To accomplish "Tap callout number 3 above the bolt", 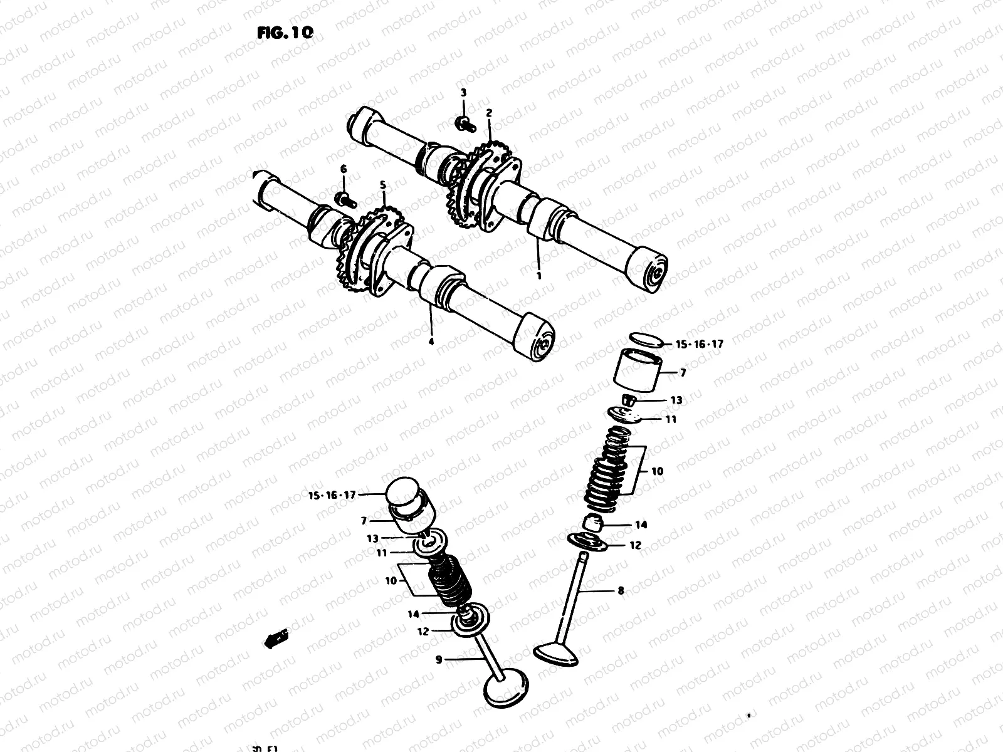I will point(463,93).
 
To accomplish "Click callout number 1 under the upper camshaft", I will point(538,274).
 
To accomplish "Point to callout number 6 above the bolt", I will point(343,169).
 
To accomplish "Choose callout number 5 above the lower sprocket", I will point(383,185).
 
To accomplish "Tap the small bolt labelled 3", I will point(464,123).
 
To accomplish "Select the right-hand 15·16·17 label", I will point(699,344).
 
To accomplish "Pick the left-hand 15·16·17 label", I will point(332,495).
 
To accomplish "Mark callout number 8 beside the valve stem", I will point(621,590).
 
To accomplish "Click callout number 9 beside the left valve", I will point(439,659).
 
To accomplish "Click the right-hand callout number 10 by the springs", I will point(657,471).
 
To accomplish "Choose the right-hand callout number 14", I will point(641,525).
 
